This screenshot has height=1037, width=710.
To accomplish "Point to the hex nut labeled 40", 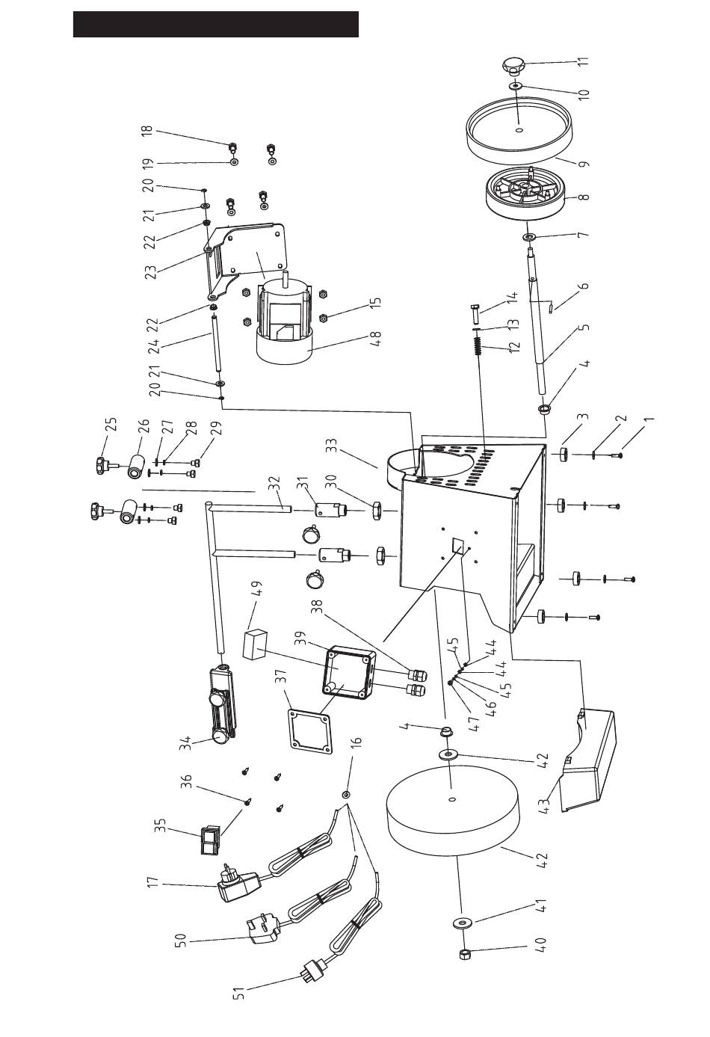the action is (466, 954).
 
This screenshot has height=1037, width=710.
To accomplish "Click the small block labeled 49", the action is (254, 644).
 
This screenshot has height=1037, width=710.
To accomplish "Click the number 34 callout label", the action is (186, 745).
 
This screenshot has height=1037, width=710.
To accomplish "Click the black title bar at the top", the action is (216, 24).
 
